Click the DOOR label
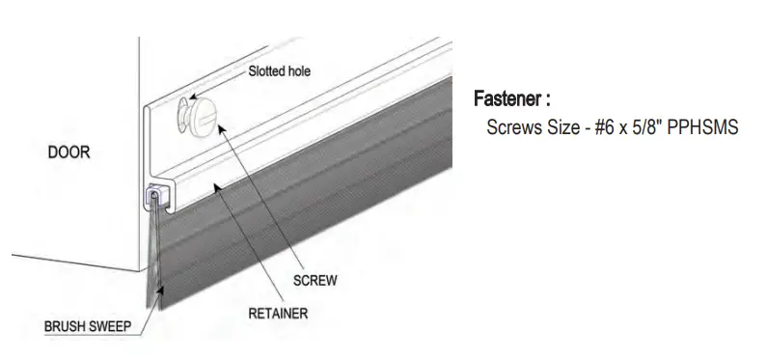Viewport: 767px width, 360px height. coord(68,152)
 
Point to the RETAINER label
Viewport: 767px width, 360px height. coord(278,313)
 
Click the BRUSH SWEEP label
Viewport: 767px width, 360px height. coord(88,328)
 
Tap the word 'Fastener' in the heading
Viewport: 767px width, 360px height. coord(507,99)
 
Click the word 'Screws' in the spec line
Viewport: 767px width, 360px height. coord(512,126)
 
